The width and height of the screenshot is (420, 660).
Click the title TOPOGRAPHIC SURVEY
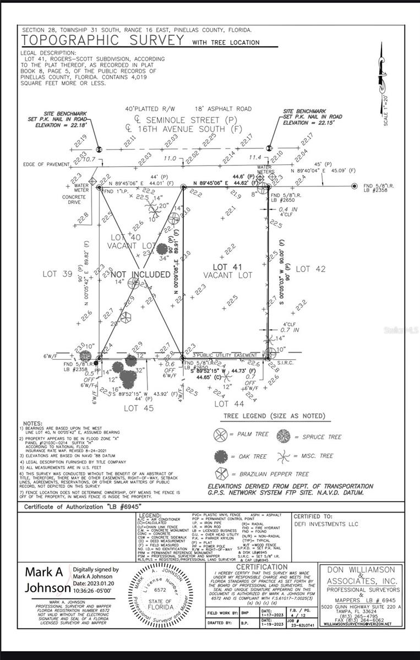pos(102,40)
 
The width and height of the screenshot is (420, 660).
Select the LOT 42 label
pos(311,269)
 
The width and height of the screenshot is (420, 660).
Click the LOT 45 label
pos(138,408)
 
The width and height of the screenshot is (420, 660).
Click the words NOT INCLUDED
pos(140,274)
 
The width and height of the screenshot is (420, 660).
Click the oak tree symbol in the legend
pos(220,456)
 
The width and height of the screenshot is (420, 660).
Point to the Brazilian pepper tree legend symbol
pos(220,475)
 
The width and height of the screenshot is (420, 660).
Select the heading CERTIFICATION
pos(262,567)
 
